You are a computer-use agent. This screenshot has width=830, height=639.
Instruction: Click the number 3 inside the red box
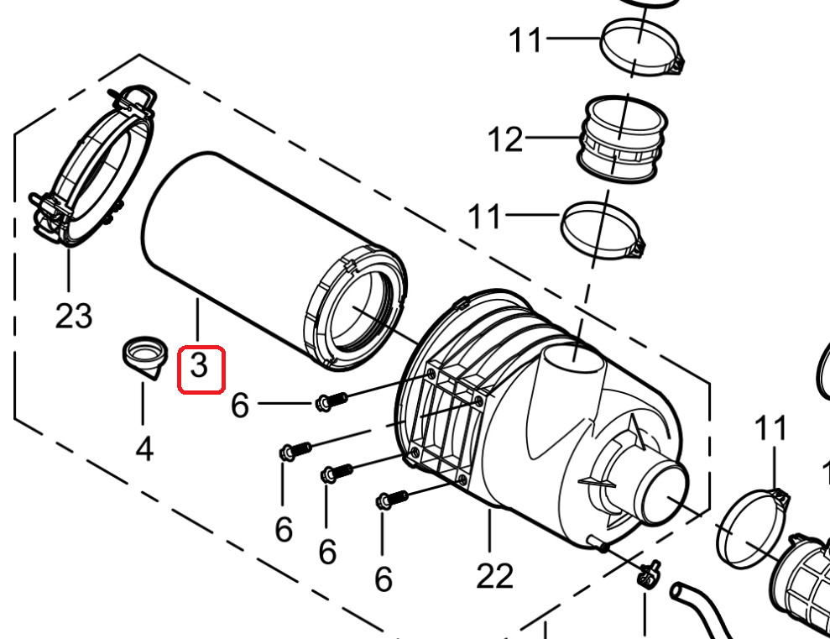point(199,366)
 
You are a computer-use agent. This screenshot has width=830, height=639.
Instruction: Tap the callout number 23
point(74,316)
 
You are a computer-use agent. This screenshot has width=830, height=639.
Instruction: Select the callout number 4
point(144,449)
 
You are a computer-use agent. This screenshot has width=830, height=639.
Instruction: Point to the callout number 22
point(495,576)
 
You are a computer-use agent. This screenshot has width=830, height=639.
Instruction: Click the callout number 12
point(505,139)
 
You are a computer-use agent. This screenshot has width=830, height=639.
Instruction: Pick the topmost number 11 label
point(525,40)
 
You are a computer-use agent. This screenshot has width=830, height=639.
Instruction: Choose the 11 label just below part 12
point(484,217)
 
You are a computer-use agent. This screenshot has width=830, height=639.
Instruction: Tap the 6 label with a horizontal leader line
point(240,406)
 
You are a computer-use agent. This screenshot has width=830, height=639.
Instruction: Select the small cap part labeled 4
point(145,357)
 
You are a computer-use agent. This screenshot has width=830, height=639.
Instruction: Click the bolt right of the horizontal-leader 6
point(331,402)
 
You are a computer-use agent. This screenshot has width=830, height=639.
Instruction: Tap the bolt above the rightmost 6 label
point(392,500)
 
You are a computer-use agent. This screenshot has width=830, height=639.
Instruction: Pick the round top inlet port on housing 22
point(575,362)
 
